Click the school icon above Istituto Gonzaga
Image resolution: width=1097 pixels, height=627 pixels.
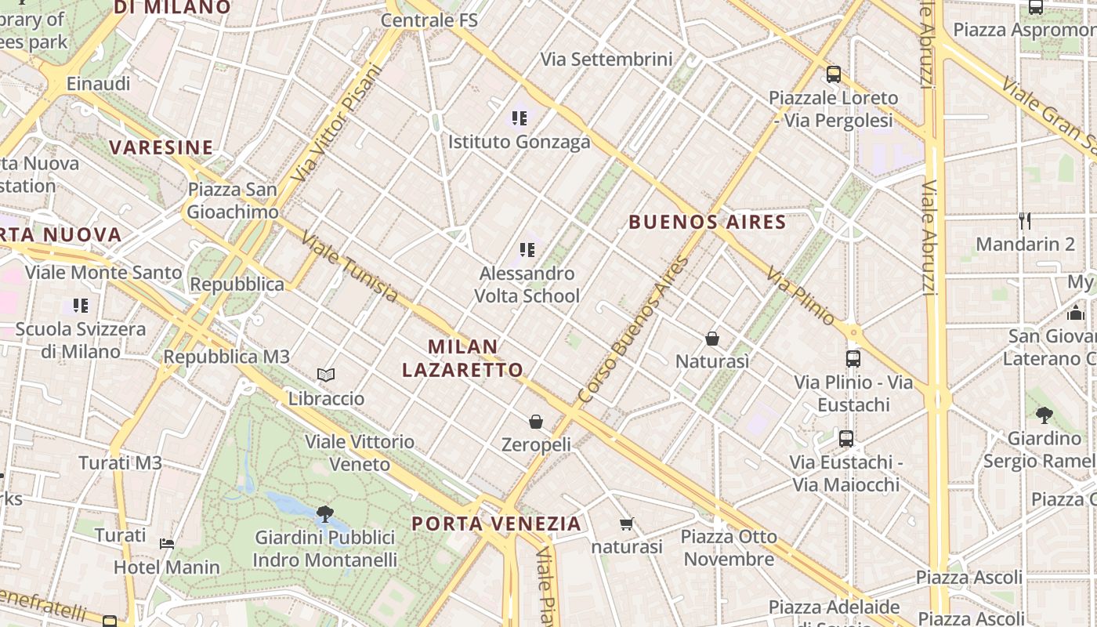point(519,118)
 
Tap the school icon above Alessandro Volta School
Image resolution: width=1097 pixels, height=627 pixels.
point(527,250)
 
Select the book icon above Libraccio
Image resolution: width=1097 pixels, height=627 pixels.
point(326,375)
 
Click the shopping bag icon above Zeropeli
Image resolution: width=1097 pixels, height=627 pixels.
point(536,422)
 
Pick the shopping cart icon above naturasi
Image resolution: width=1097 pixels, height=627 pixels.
point(626,524)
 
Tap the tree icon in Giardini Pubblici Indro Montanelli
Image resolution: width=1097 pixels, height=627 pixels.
point(324,514)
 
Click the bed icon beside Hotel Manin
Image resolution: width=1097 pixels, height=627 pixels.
point(167,543)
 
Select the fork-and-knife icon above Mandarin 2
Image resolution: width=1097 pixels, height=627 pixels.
point(1024,220)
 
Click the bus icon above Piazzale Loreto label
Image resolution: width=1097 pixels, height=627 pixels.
point(833,74)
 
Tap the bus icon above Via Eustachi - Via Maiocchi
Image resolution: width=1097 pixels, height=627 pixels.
point(845,438)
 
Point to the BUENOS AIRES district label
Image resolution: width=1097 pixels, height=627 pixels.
point(708,222)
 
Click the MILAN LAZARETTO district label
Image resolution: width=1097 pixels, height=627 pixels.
point(462,358)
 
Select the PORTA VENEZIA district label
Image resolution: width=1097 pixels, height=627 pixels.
point(497,524)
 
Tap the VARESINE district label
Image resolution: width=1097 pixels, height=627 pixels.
point(161,147)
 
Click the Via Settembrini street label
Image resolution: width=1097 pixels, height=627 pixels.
point(606,60)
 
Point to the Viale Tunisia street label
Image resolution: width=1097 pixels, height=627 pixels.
point(350,267)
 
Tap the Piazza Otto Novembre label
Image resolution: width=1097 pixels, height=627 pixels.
point(729,548)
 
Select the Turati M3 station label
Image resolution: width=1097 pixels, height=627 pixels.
point(120,463)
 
